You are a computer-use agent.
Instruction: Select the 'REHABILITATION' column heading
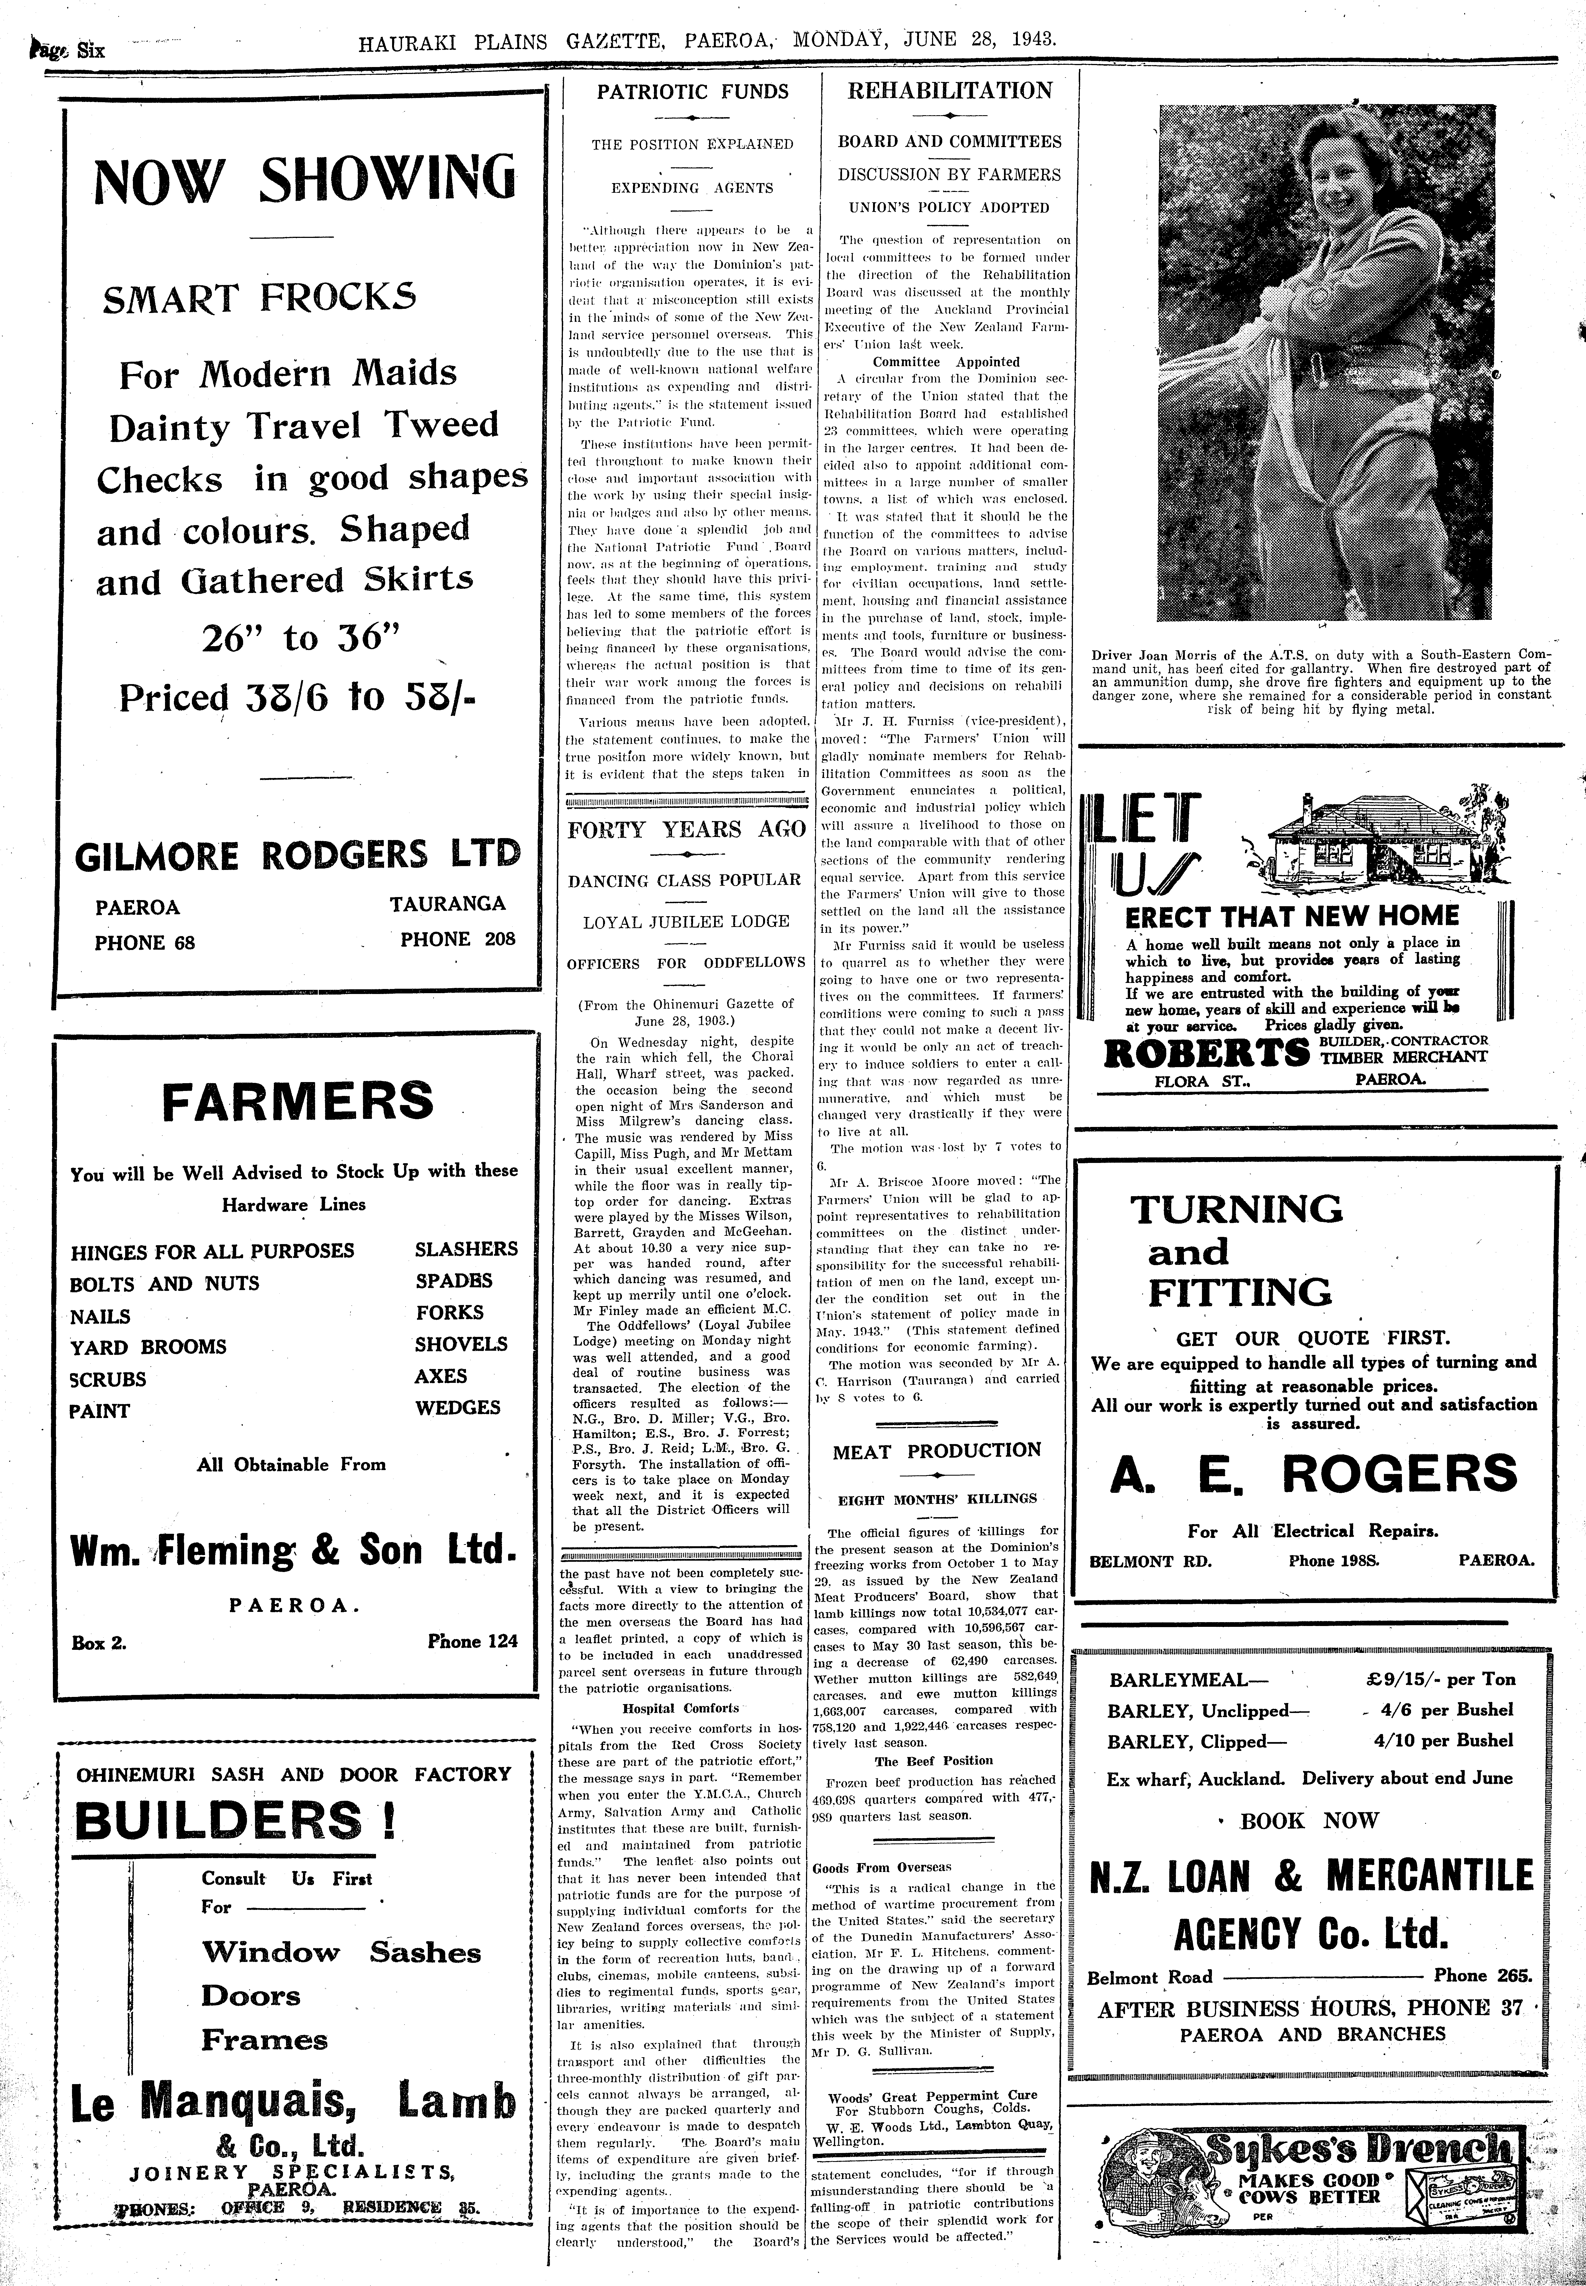[949, 91]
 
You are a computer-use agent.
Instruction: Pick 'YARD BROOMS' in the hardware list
[148, 1347]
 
